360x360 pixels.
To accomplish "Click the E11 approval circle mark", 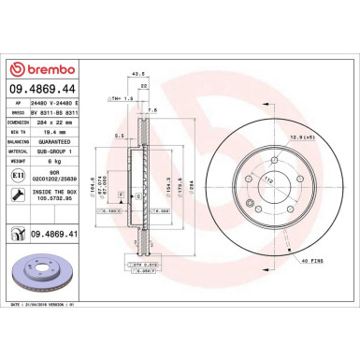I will (17, 175).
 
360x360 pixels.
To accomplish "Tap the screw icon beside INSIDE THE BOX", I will (17, 194).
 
